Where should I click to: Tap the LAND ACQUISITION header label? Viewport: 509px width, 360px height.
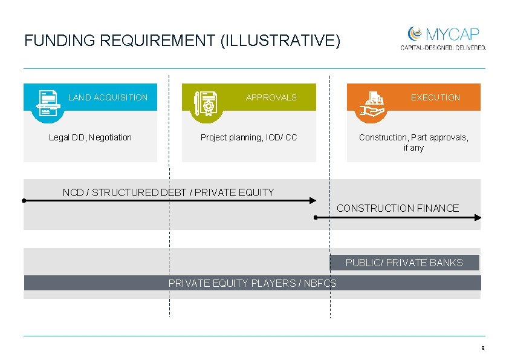click(108, 97)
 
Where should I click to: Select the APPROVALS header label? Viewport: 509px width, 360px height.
click(271, 97)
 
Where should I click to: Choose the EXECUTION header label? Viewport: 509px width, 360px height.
click(435, 97)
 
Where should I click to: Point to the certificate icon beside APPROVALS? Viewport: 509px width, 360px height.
click(207, 103)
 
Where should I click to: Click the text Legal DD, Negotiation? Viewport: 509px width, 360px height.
click(90, 137)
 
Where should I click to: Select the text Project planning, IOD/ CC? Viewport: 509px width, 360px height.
click(248, 137)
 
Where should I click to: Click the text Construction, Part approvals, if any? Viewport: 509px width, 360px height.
click(413, 142)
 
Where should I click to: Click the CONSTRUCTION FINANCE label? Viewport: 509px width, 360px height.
click(398, 208)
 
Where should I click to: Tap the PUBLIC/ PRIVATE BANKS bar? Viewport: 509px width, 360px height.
click(404, 263)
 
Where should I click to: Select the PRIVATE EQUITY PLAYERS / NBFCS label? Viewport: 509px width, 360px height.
click(252, 283)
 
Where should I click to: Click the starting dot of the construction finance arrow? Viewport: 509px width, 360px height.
click(316, 217)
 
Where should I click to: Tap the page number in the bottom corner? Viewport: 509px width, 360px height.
click(482, 348)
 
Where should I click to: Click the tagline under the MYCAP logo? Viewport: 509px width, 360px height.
click(443, 47)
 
